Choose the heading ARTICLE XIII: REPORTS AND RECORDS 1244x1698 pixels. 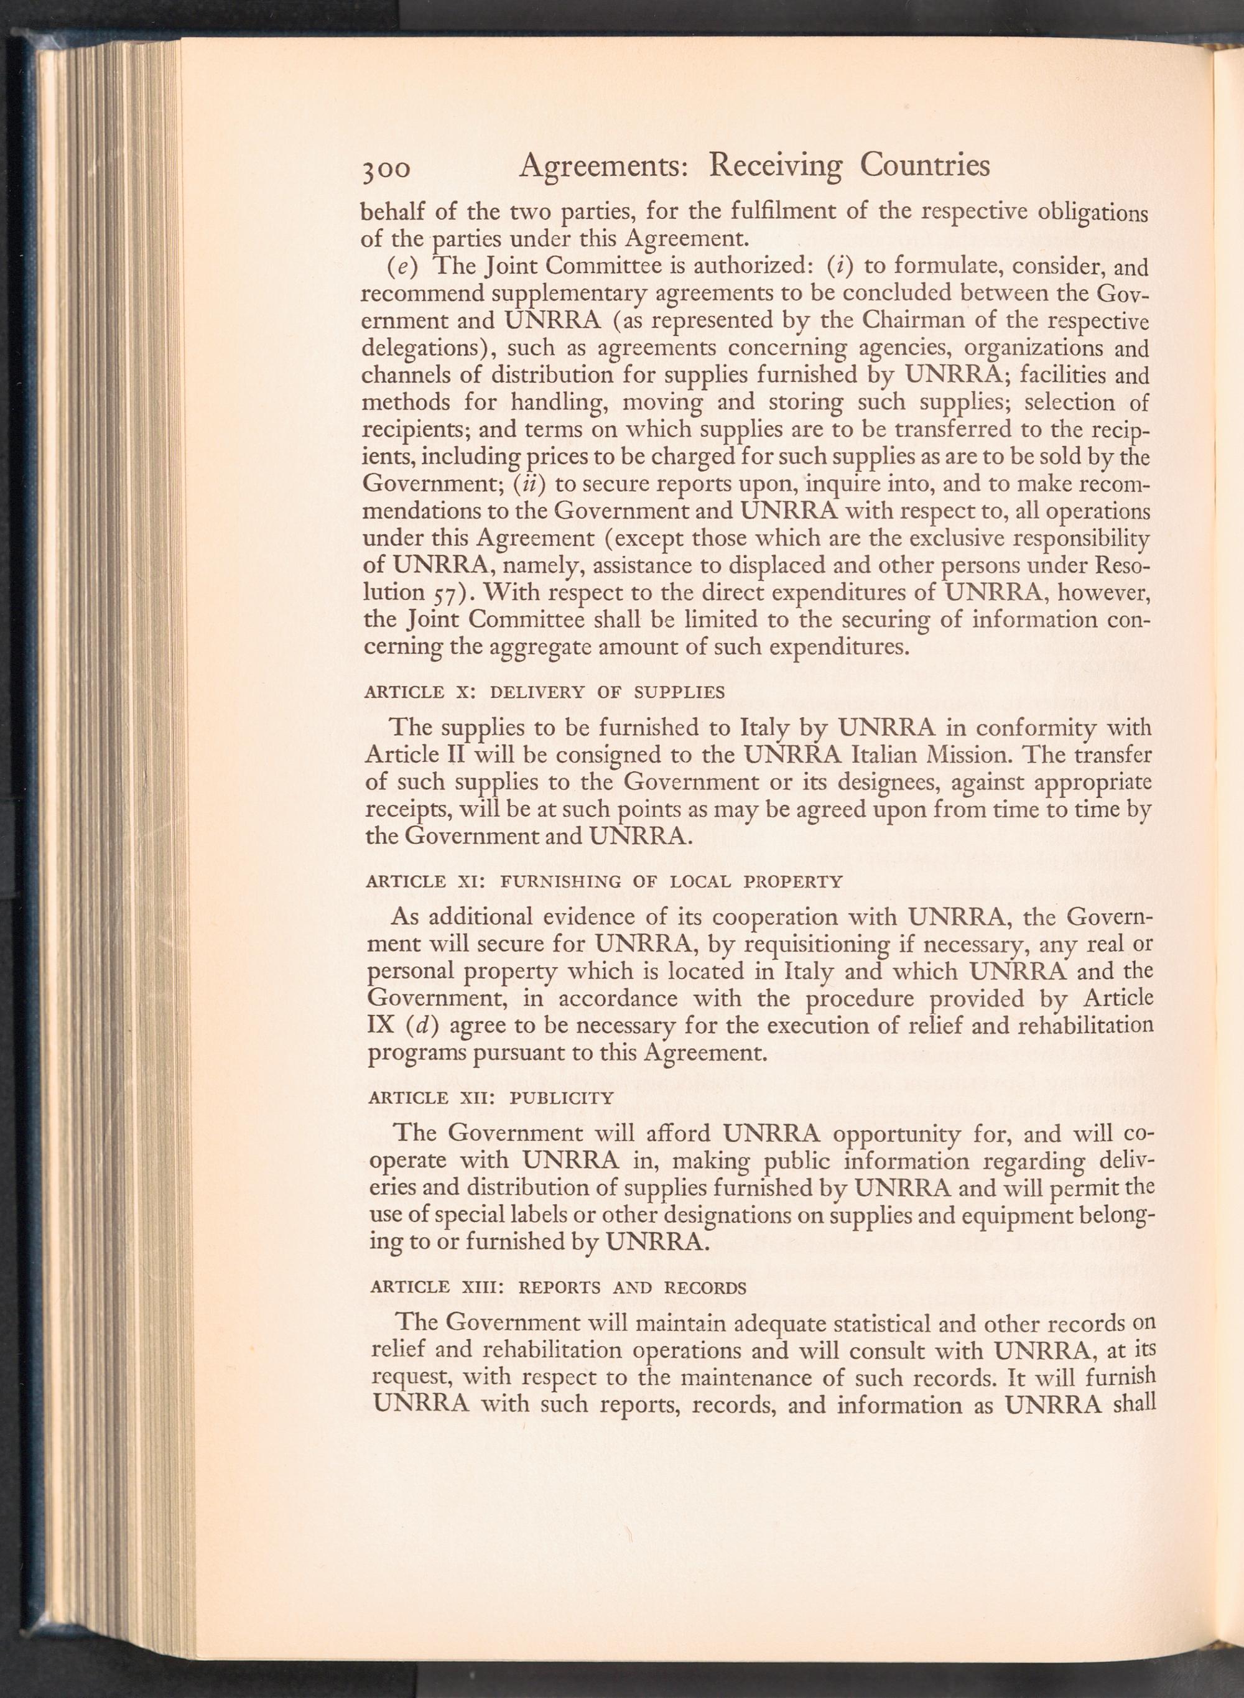point(558,1287)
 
